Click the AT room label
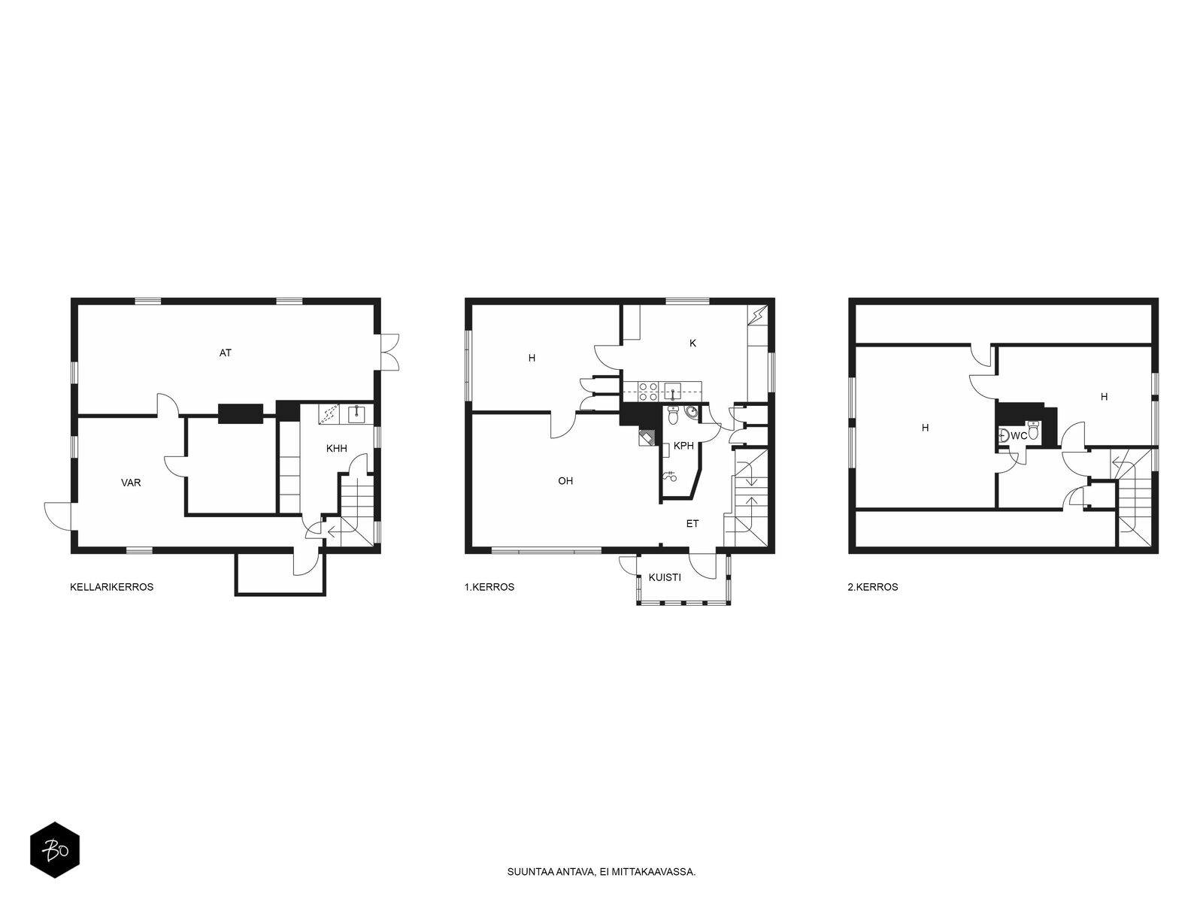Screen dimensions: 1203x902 click(226, 353)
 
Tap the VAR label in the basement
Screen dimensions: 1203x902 click(131, 483)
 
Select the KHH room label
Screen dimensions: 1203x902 click(337, 449)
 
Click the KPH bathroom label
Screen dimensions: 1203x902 click(683, 446)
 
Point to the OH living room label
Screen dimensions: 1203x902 click(565, 481)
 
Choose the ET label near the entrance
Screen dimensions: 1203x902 click(692, 524)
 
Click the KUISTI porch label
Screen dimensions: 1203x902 click(665, 577)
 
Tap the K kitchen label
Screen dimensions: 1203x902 click(692, 344)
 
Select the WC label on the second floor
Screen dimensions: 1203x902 click(1019, 436)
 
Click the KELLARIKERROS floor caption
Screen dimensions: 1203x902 click(112, 587)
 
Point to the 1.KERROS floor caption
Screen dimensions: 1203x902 click(489, 587)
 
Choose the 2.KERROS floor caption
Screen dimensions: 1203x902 click(873, 587)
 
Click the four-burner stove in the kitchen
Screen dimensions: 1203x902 click(648, 391)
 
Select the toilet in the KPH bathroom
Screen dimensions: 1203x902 click(674, 415)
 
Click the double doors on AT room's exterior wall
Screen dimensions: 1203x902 click(390, 352)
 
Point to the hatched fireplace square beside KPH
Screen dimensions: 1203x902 click(647, 437)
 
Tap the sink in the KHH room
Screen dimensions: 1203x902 click(357, 414)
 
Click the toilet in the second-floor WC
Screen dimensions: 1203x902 click(1033, 431)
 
